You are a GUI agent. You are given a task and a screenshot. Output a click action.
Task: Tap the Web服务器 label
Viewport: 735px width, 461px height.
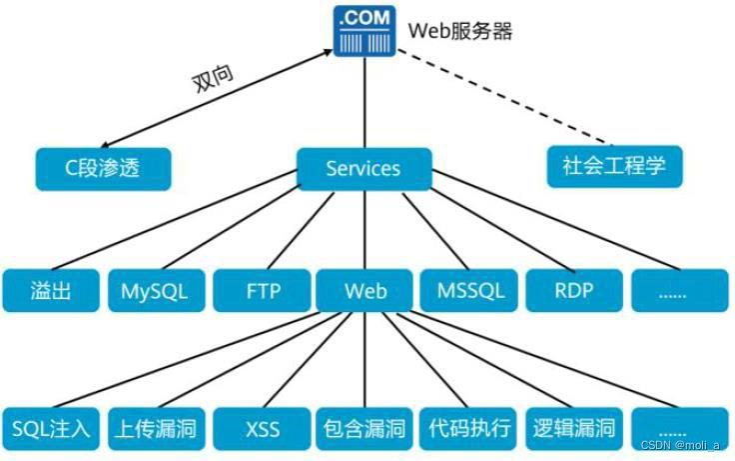pos(460,31)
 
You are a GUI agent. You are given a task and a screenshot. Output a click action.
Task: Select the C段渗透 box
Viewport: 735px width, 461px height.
pos(104,168)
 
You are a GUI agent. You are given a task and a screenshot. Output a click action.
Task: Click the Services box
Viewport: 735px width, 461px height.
pos(364,168)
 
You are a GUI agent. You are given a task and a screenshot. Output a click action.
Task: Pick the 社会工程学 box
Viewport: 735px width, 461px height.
pos(614,165)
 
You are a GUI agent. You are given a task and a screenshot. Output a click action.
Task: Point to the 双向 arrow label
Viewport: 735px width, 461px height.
pos(211,81)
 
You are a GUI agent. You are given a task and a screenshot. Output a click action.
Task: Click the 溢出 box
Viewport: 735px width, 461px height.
pos(51,291)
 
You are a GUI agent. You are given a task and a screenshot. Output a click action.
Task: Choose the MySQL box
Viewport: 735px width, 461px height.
pos(155,291)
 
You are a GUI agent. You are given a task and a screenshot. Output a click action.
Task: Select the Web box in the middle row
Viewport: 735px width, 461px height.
pos(365,291)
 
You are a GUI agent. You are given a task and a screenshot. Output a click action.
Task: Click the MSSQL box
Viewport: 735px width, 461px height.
pos(470,291)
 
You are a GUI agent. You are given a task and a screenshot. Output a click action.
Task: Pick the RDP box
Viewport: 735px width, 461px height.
pos(574,291)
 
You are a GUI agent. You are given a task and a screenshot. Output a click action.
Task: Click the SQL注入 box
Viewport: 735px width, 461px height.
pos(51,429)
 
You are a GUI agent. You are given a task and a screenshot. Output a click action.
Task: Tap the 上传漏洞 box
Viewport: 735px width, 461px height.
pos(155,429)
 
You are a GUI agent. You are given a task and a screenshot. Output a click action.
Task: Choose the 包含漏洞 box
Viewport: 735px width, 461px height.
pos(365,429)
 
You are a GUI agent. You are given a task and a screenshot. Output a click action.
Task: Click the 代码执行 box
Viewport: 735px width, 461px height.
pos(469,429)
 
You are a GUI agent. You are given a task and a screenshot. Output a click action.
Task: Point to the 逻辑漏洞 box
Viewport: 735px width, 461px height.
pos(574,429)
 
